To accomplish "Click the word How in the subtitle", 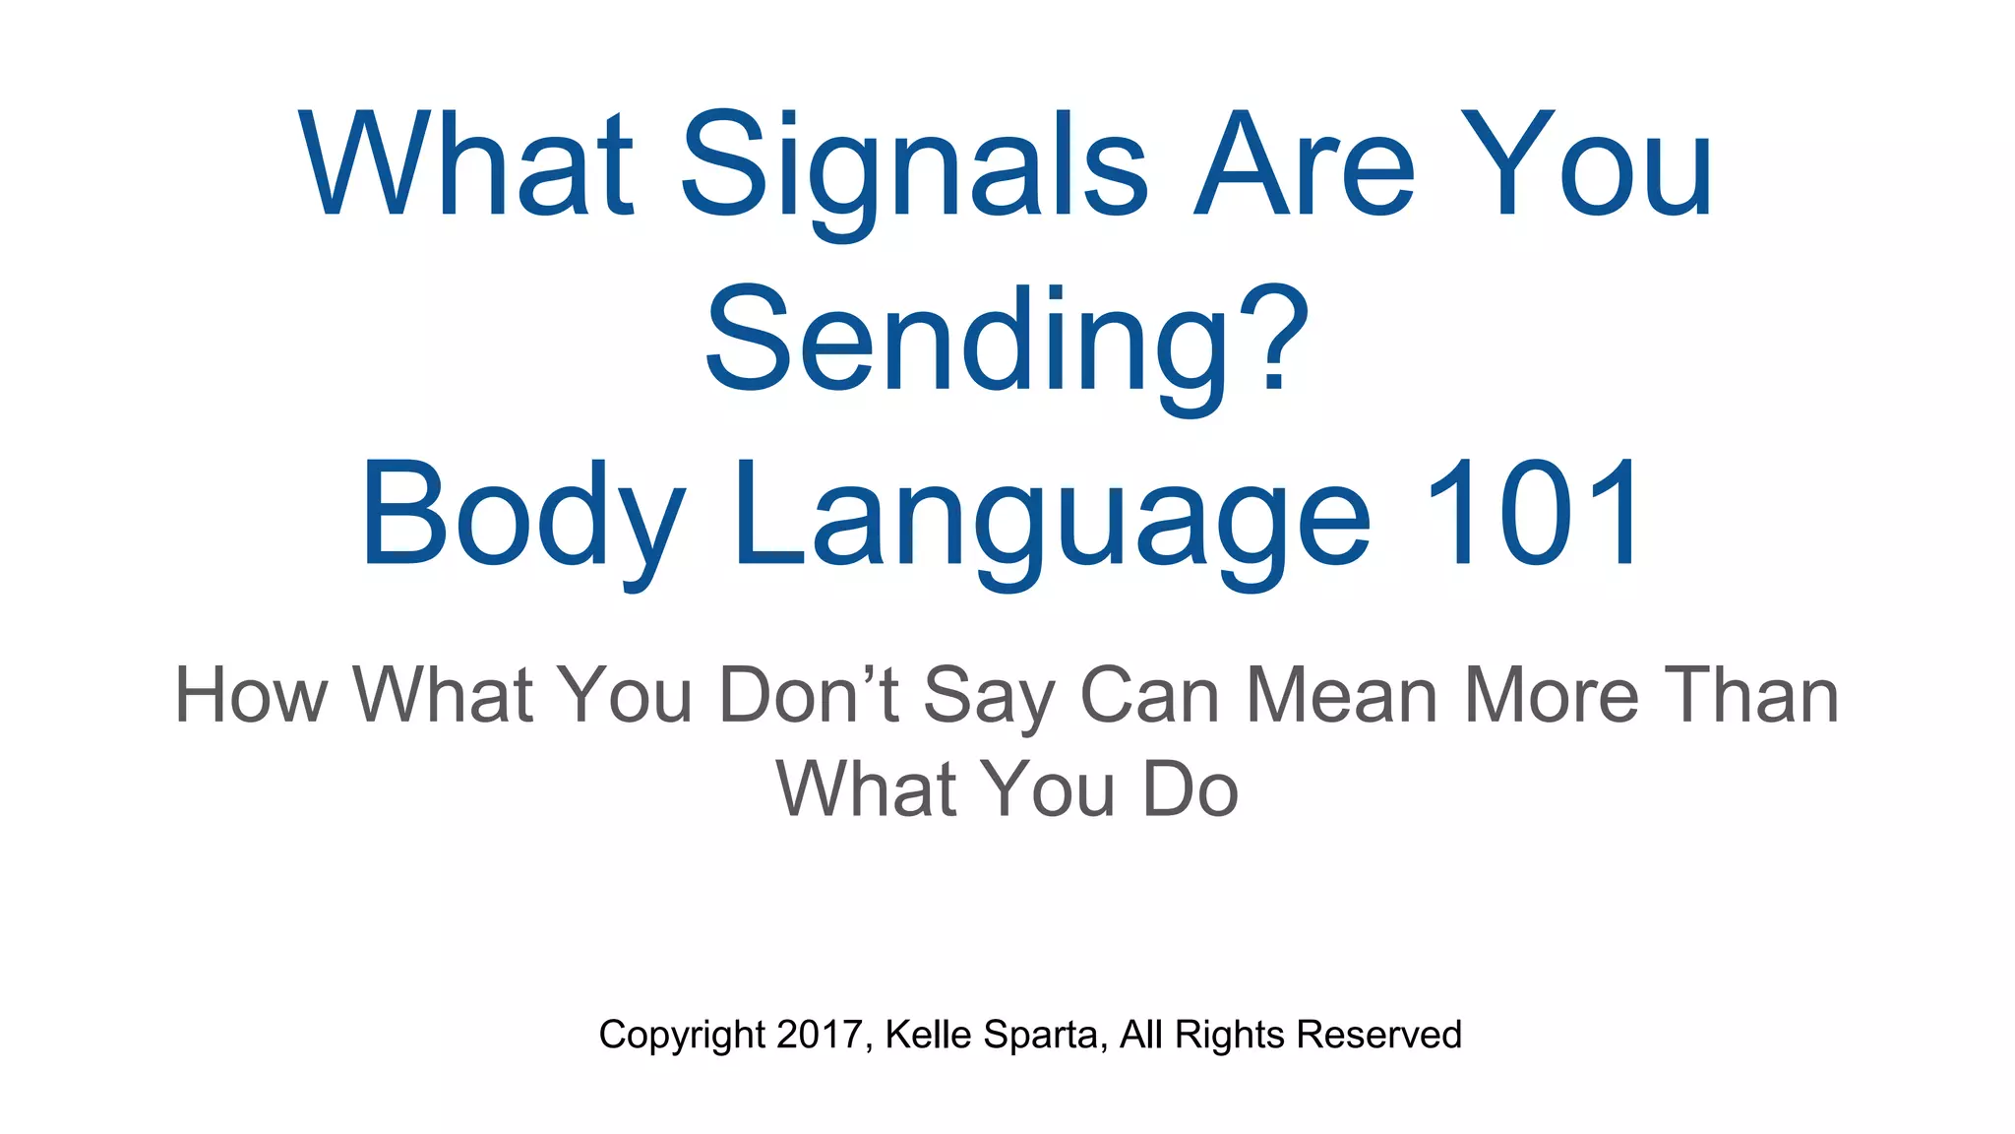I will pyautogui.click(x=251, y=695).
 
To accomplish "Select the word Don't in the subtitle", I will pyautogui.click(x=809, y=695).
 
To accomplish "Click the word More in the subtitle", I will pyautogui.click(x=1552, y=695).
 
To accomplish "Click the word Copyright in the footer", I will pyautogui.click(x=681, y=1036).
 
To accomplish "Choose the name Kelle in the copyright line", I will pyautogui.click(x=928, y=1035).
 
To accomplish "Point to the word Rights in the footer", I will pyautogui.click(x=1229, y=1036).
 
